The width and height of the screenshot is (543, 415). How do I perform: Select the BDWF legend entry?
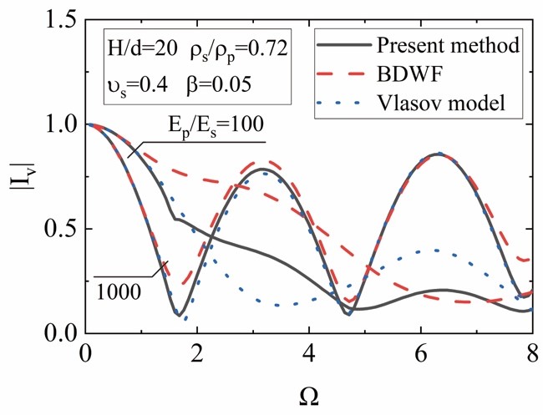[x=403, y=75]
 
